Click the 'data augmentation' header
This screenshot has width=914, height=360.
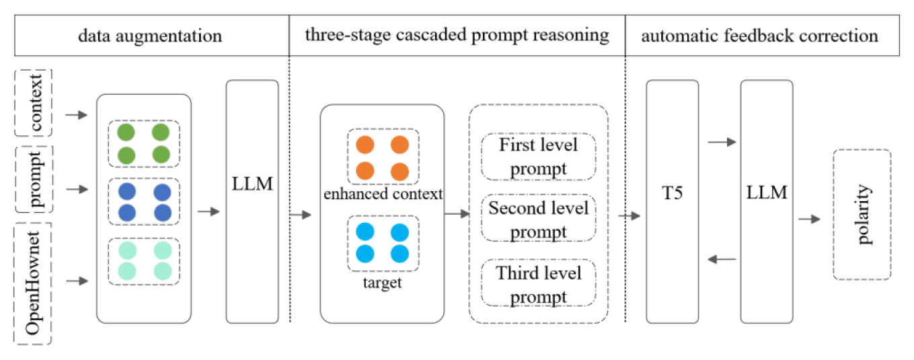click(x=150, y=36)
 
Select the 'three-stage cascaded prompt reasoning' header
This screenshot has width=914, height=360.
click(x=457, y=36)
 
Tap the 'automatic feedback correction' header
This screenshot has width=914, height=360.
click(x=759, y=36)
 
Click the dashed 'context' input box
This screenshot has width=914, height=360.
click(x=33, y=103)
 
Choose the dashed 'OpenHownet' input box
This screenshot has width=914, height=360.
click(x=33, y=283)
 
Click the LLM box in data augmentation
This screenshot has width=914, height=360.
click(x=252, y=201)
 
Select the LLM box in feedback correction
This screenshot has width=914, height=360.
click(x=766, y=201)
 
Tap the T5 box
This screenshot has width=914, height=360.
click(x=672, y=201)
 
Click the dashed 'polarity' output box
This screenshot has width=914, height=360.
click(x=862, y=215)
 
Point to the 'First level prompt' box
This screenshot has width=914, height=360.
click(x=538, y=156)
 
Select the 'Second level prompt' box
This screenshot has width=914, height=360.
click(x=538, y=219)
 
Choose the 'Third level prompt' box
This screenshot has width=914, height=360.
click(x=538, y=283)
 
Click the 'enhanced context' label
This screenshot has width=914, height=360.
click(x=383, y=194)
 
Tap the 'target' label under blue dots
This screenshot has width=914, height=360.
click(x=382, y=282)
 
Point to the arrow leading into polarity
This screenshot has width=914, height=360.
click(x=809, y=219)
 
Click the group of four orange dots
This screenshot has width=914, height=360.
click(x=382, y=157)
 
